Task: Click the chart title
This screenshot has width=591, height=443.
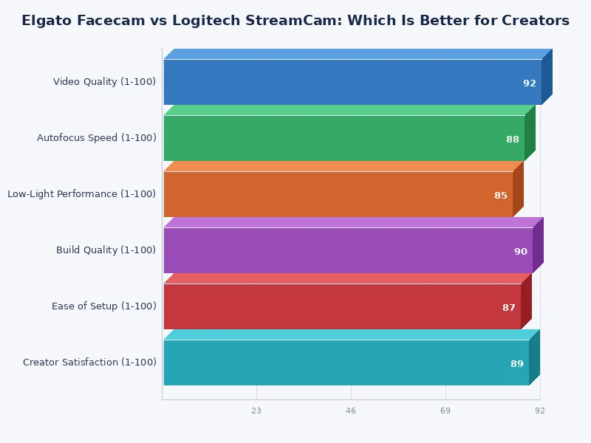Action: [x=295, y=21]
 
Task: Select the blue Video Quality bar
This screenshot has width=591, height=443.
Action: [x=352, y=82]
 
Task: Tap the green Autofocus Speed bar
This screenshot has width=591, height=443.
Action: [x=344, y=138]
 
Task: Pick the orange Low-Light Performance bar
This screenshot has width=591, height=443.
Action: [x=338, y=194]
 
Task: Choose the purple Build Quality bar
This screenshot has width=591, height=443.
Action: [x=348, y=250]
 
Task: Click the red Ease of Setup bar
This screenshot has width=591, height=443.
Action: [x=342, y=306]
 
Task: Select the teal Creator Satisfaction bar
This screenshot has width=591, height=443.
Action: [x=346, y=363]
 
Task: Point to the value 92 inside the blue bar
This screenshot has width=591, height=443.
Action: [x=530, y=83]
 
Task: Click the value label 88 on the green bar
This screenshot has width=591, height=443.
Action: [x=513, y=140]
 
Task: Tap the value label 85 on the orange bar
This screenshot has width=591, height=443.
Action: [x=501, y=196]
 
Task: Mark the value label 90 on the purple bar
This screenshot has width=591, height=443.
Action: [x=521, y=252]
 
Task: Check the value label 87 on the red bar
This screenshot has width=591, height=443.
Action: [x=509, y=308]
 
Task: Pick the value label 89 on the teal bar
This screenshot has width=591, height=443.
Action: [x=517, y=364]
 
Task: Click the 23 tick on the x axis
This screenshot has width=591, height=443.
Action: [x=256, y=411]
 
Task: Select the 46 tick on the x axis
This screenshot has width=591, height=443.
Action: [x=351, y=411]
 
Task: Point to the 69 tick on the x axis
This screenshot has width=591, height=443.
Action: [x=445, y=411]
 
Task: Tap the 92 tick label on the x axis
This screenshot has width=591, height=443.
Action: [x=540, y=411]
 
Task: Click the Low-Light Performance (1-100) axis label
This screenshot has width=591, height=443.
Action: [x=82, y=194]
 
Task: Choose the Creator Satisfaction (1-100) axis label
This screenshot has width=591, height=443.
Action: [x=89, y=363]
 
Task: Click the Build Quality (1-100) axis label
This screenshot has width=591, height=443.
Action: [x=106, y=250]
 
